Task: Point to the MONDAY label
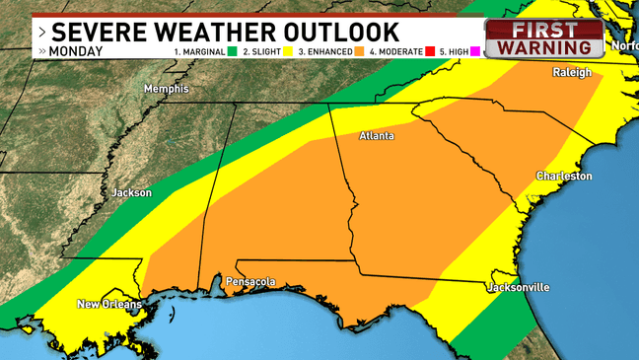[77, 49]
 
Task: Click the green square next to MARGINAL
[234, 50]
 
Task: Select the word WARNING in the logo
[549, 46]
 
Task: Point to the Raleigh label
[572, 73]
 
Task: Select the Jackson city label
[131, 192]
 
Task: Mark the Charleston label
[563, 176]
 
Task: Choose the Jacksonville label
[518, 287]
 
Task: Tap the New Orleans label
[109, 305]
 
